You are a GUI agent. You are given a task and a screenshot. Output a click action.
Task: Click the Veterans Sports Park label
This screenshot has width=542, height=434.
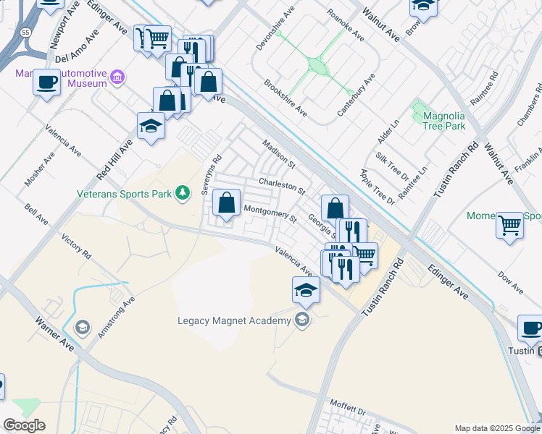coord(124,194)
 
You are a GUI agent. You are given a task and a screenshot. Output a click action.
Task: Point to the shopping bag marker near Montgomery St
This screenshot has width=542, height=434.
coord(227,205)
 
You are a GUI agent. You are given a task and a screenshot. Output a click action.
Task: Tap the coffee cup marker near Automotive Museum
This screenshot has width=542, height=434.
coord(47,82)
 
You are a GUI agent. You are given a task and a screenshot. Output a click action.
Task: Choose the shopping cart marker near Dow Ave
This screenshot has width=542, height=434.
coord(510,226)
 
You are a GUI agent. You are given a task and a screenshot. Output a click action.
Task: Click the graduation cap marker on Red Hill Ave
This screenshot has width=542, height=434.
coord(151,127)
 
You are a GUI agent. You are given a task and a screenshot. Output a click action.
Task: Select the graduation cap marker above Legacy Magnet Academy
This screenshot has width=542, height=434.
coord(306,291)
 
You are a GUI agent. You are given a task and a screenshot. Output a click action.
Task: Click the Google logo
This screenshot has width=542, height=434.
coord(24,425)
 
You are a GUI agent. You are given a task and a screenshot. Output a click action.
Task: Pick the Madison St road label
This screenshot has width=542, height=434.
coord(279,153)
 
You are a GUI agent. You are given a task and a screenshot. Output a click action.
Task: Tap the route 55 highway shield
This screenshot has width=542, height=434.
coord(25,33)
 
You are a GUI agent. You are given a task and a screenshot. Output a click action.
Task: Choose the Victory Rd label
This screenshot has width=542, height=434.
coord(77,247)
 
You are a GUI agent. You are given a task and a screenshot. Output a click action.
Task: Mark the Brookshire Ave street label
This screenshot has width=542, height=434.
coord(285,98)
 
